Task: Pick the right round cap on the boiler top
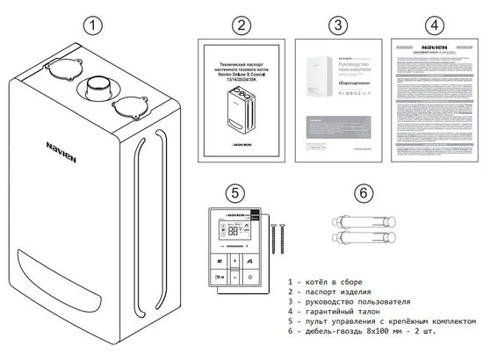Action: coord(129,105)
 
